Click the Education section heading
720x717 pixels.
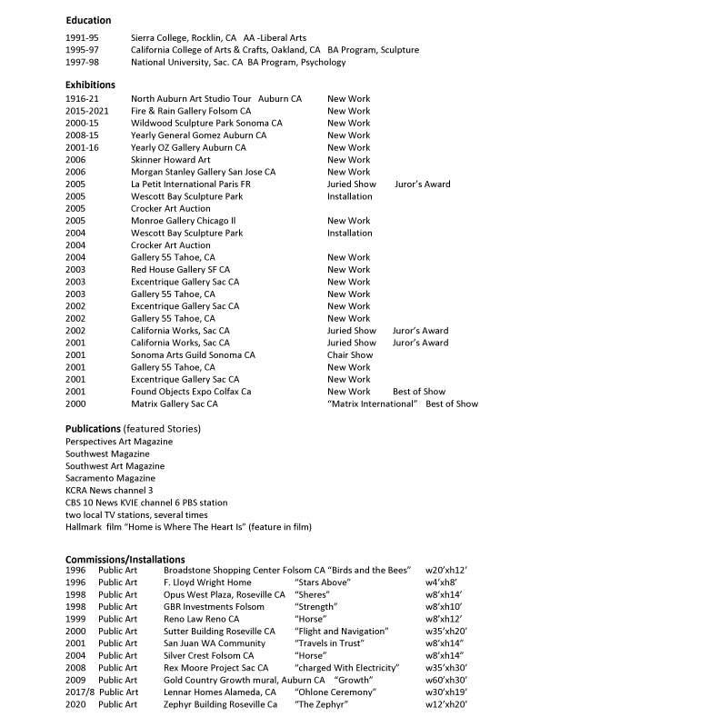point(88,20)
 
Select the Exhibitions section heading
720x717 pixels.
point(90,85)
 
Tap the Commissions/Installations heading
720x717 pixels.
point(125,559)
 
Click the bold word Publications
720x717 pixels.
point(93,428)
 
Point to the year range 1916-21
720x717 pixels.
point(81,99)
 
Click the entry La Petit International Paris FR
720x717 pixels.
point(190,184)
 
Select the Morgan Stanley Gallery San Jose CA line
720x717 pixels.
point(203,172)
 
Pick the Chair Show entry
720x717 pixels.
point(350,355)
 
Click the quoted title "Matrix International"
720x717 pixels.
point(372,404)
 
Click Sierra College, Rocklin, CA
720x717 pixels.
point(184,38)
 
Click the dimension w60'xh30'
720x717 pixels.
point(446,680)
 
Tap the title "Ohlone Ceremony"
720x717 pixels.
point(335,692)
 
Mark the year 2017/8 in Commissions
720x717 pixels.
point(79,692)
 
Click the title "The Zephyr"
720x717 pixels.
point(321,704)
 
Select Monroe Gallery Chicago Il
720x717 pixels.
point(183,221)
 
